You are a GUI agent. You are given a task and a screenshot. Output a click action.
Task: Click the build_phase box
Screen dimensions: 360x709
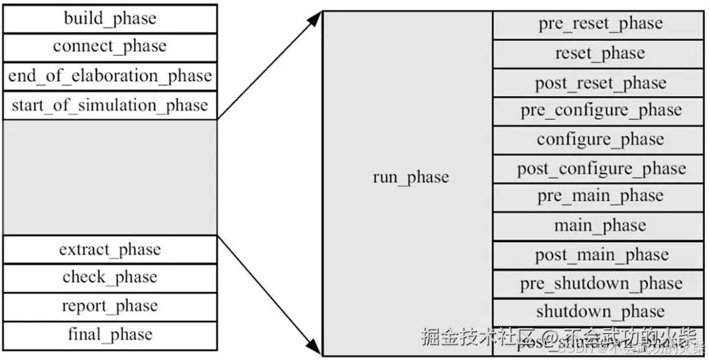[109, 18]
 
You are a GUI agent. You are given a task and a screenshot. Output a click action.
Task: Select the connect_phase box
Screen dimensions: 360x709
[109, 47]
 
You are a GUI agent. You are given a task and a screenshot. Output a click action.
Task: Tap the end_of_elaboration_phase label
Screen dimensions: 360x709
[109, 76]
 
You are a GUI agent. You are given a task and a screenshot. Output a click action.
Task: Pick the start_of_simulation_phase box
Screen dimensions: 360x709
[109, 105]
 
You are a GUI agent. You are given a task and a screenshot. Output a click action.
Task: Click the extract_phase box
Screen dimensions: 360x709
[109, 249]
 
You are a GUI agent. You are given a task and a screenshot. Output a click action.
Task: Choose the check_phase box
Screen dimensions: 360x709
[109, 277]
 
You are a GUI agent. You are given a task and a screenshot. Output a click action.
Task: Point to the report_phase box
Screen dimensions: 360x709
[109, 306]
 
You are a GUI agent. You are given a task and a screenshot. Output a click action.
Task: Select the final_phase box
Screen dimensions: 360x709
[109, 335]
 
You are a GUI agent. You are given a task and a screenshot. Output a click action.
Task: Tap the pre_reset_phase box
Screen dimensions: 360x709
[601, 25]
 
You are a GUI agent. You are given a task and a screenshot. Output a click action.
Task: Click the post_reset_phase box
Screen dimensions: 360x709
[601, 83]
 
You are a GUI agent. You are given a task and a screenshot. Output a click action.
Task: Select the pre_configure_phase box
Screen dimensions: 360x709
[601, 111]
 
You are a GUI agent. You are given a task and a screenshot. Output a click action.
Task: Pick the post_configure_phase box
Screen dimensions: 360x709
[601, 169]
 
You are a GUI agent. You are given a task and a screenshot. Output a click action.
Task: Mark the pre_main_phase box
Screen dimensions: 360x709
[601, 197]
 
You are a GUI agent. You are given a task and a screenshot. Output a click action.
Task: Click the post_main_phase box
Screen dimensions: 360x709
[601, 255]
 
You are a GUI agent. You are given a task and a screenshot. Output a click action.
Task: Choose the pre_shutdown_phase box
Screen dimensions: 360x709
[601, 284]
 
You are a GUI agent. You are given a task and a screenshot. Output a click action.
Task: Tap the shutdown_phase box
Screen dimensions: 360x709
[601, 312]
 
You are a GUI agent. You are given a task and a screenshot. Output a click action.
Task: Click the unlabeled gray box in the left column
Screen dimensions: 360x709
[109, 177]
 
